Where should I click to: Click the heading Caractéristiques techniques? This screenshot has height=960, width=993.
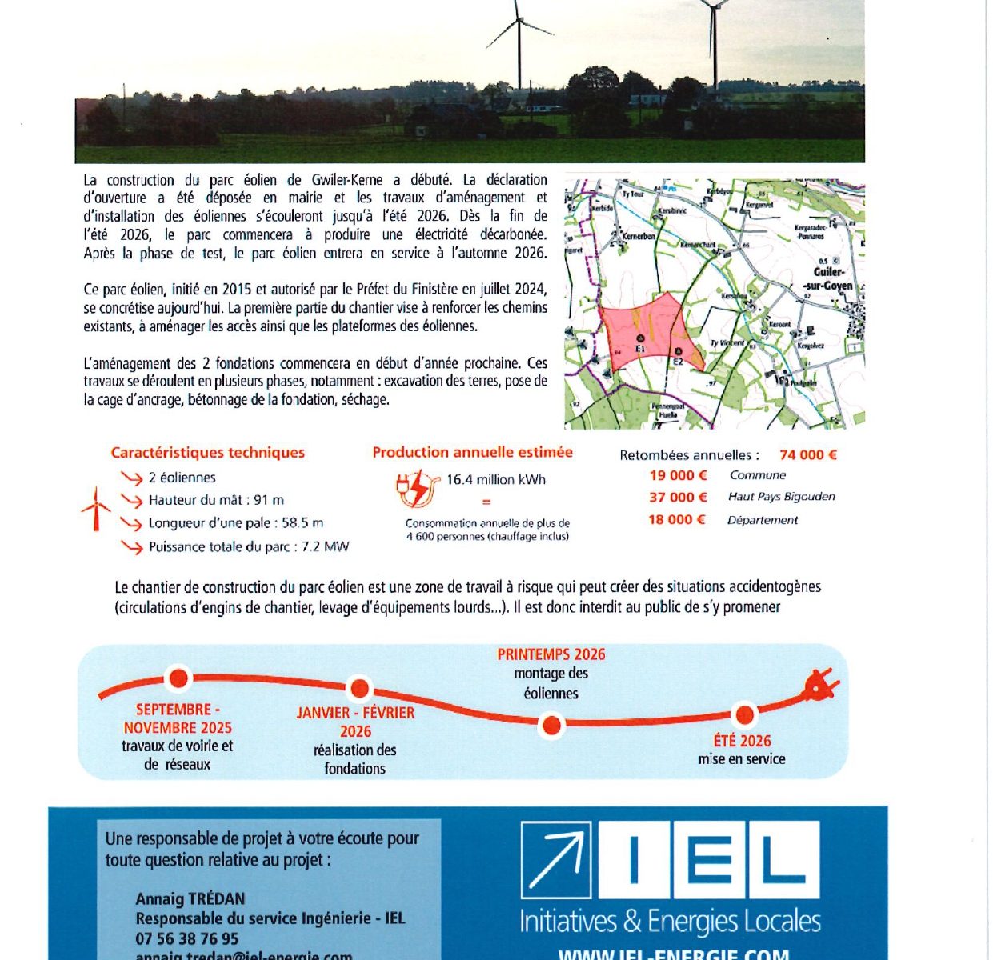click(x=208, y=453)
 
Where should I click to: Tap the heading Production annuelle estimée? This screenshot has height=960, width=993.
click(x=472, y=452)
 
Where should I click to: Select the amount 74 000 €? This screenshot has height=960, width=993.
click(x=807, y=455)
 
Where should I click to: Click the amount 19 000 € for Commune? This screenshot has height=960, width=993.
click(x=678, y=475)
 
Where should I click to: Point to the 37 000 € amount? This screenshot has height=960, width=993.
click(x=678, y=497)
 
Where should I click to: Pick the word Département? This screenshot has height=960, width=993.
click(x=762, y=520)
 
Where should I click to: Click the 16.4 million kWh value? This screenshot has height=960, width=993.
click(x=496, y=480)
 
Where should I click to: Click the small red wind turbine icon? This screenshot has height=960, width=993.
click(x=96, y=509)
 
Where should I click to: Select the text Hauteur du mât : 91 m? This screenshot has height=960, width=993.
click(x=216, y=500)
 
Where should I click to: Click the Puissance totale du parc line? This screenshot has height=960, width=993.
click(x=249, y=547)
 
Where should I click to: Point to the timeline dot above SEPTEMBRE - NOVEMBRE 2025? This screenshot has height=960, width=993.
click(x=178, y=678)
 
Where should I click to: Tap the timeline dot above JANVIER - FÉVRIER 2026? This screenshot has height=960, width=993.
click(x=360, y=688)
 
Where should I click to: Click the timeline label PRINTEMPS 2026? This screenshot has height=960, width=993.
click(x=551, y=654)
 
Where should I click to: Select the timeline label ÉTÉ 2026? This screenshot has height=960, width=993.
click(x=742, y=741)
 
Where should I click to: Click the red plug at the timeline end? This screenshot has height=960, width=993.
click(x=820, y=686)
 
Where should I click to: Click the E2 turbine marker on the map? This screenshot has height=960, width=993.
click(x=678, y=353)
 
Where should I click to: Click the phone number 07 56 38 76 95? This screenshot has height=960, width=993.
click(x=187, y=938)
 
